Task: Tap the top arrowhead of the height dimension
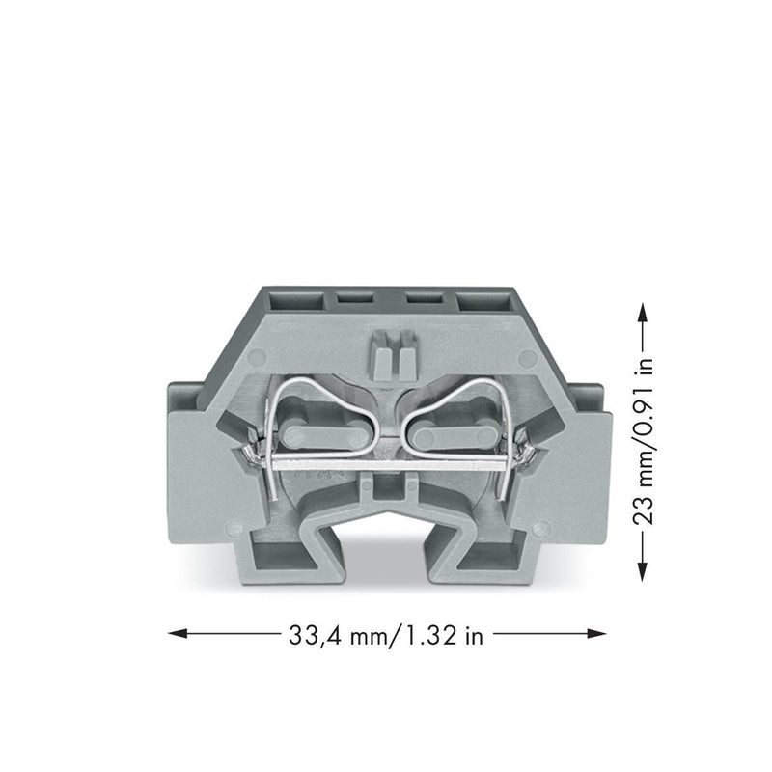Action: (642, 312)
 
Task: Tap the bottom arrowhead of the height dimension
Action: (642, 571)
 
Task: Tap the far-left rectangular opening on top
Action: (295, 300)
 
